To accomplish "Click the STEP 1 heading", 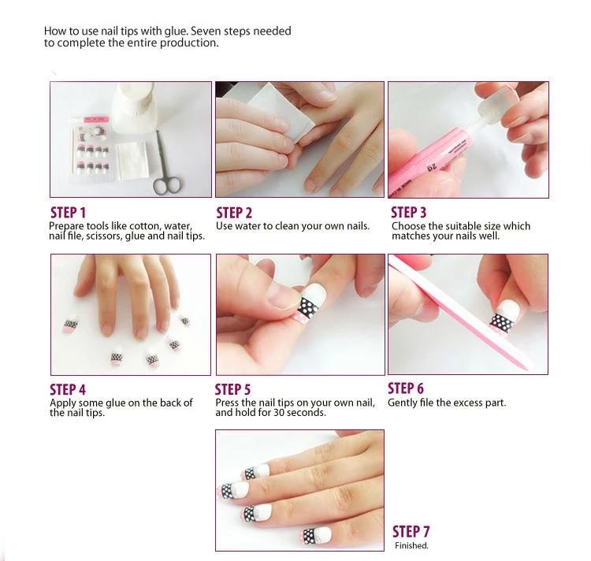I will (x=68, y=213).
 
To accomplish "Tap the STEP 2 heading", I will (x=234, y=213).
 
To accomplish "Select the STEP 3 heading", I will (x=409, y=212).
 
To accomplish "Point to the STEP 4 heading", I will (x=68, y=389).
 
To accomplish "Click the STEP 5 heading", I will (x=232, y=389).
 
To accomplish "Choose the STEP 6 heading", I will (x=406, y=388).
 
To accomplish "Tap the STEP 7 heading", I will (x=411, y=531).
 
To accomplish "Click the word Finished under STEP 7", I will (x=411, y=545).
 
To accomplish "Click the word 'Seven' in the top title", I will (x=210, y=32).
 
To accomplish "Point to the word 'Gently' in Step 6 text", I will (x=403, y=403).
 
